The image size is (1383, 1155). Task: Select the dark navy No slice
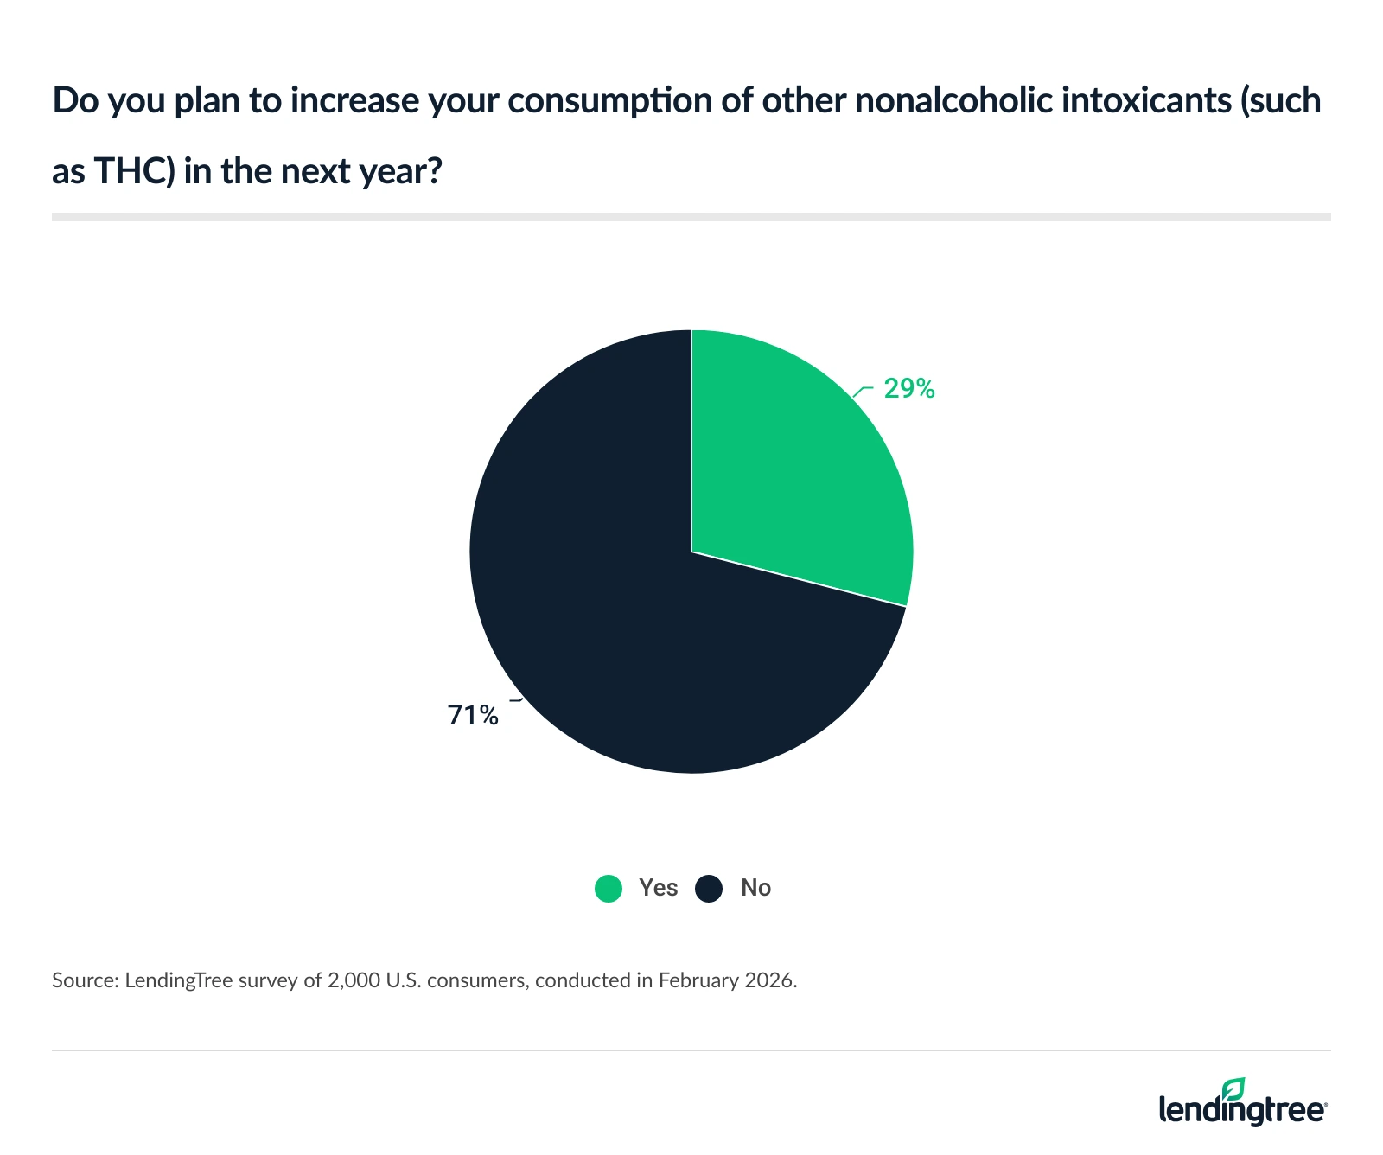pyautogui.click(x=605, y=622)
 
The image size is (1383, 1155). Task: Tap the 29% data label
pyautogui.click(x=908, y=389)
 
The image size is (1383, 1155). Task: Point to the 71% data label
pyautogui.click(x=473, y=716)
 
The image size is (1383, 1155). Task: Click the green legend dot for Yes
pyautogui.click(x=609, y=889)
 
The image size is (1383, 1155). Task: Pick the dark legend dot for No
pyautogui.click(x=709, y=889)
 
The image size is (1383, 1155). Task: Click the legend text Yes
pyautogui.click(x=658, y=888)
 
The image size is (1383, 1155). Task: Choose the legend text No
pyautogui.click(x=755, y=888)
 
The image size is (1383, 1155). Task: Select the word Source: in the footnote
pyautogui.click(x=84, y=980)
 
